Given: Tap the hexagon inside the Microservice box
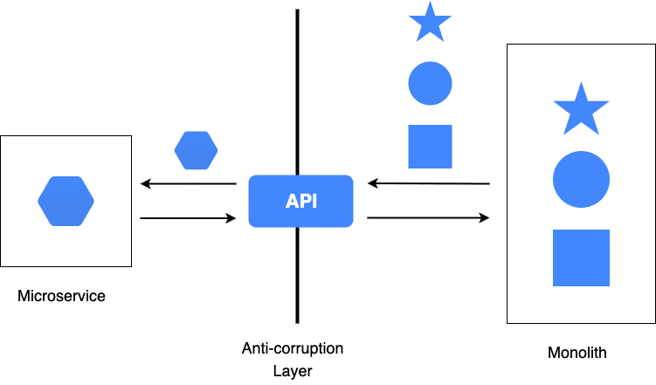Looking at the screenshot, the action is click(66, 201).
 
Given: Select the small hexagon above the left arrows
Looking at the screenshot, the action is click(196, 150).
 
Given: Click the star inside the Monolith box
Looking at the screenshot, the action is click(581, 109).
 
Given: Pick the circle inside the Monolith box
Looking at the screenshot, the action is click(581, 179).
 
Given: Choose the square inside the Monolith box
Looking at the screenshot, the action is click(581, 258).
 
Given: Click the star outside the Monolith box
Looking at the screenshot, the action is click(430, 22).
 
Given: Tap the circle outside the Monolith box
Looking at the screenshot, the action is click(430, 84).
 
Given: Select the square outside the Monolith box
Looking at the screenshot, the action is click(430, 146).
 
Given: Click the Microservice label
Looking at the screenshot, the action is click(61, 297).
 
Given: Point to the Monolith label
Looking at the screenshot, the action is click(577, 353).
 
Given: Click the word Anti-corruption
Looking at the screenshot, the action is click(292, 348).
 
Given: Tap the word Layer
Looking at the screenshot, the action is click(292, 370).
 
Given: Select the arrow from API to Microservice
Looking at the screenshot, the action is click(188, 183).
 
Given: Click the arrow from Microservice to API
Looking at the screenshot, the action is click(188, 217).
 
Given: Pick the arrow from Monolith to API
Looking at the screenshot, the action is click(428, 183).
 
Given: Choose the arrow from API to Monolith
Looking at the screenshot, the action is click(428, 217).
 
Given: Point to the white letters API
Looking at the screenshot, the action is click(301, 202).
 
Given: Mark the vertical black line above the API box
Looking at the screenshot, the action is click(298, 87).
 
